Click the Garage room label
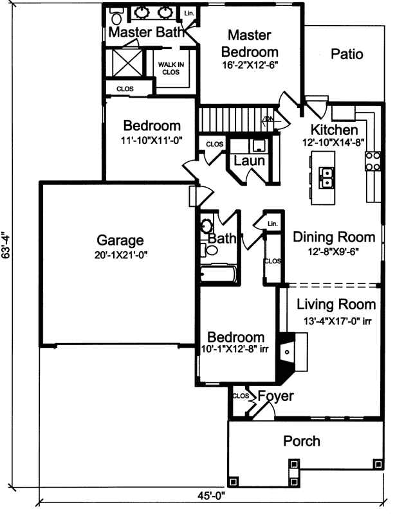[x=120, y=241]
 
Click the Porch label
[x=302, y=441]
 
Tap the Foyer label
[x=275, y=396]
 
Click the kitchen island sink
[x=326, y=177]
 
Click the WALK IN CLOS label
[x=172, y=68]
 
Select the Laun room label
[x=249, y=161]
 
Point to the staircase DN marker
[x=269, y=120]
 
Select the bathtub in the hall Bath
[x=217, y=274]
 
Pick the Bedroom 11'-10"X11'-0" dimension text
[x=152, y=139]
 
